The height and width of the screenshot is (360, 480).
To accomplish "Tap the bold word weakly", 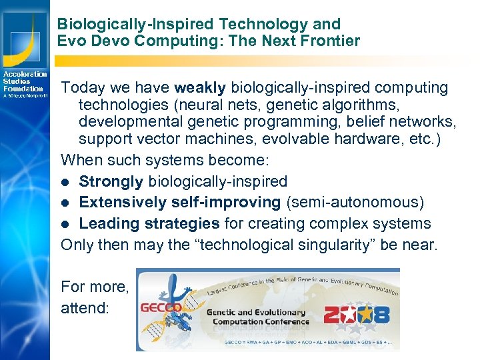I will [x=199, y=87].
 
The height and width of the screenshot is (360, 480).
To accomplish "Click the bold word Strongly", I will [x=111, y=181].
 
